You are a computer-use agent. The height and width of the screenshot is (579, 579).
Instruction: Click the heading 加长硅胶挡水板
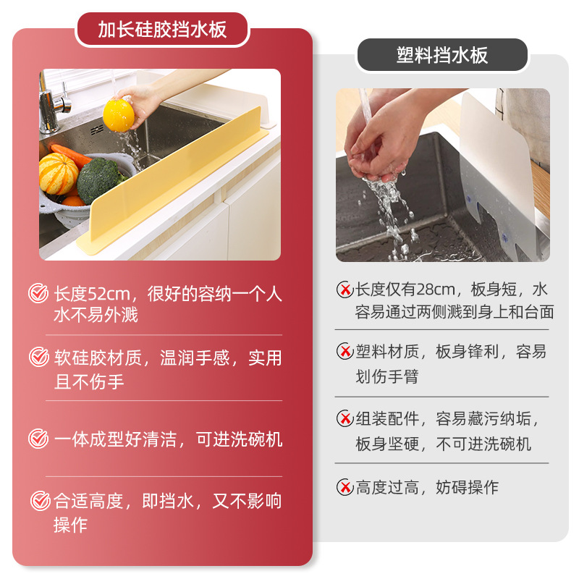[x=162, y=30]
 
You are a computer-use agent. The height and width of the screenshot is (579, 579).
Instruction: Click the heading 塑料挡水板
[x=442, y=55]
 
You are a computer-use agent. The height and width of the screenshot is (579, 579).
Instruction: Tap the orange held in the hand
[x=119, y=115]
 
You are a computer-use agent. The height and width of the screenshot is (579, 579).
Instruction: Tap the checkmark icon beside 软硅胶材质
[x=38, y=357]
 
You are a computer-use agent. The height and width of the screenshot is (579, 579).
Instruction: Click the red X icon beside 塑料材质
[x=345, y=352]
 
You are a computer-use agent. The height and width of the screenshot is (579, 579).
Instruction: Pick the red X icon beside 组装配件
[x=345, y=418]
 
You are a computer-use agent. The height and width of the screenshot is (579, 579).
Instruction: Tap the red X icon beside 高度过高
[x=345, y=487]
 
